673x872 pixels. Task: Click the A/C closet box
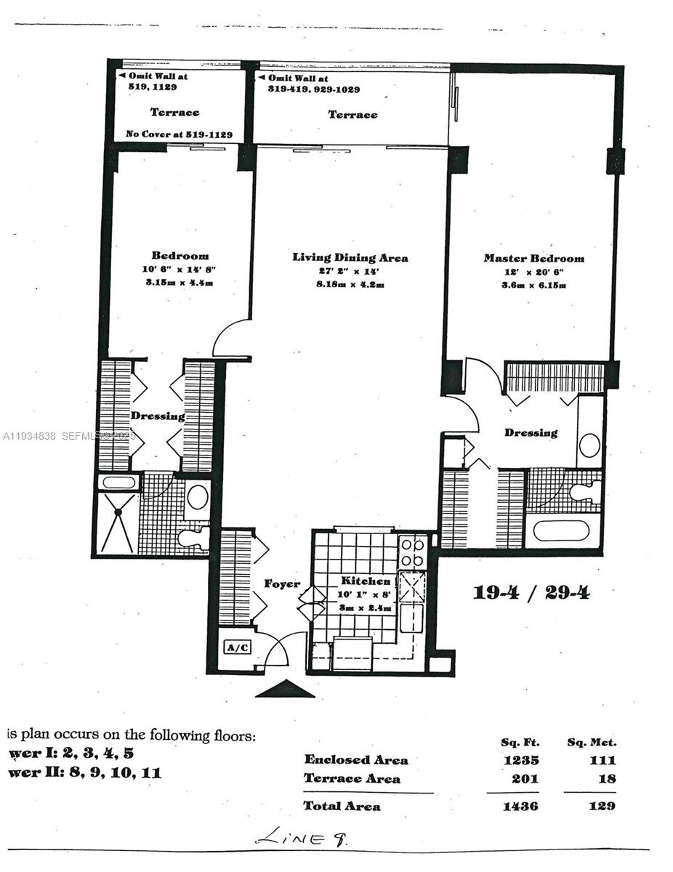(x=237, y=647)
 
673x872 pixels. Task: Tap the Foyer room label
(x=282, y=584)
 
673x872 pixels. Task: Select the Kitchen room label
(x=366, y=581)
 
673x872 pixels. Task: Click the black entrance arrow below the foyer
(x=284, y=689)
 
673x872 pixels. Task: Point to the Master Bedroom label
(x=533, y=258)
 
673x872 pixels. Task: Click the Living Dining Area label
(x=350, y=257)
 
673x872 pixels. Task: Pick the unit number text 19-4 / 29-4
(x=531, y=592)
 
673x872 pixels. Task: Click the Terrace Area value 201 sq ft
(x=523, y=779)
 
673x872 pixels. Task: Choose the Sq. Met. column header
(x=591, y=742)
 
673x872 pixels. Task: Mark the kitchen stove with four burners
(x=412, y=552)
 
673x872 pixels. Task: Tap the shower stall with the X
(x=116, y=522)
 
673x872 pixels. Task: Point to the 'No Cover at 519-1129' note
(x=179, y=134)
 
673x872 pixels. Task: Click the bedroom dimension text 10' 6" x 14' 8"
(x=180, y=270)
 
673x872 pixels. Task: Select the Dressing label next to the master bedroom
(x=531, y=432)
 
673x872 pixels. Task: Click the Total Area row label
(x=342, y=806)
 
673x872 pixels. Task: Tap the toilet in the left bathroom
(x=195, y=538)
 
